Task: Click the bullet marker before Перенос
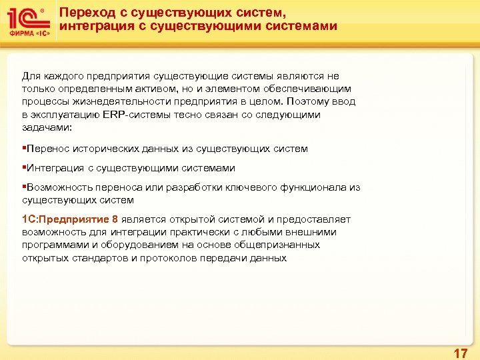[24, 149]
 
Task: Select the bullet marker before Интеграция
[24, 169]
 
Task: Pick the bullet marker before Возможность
[24, 188]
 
